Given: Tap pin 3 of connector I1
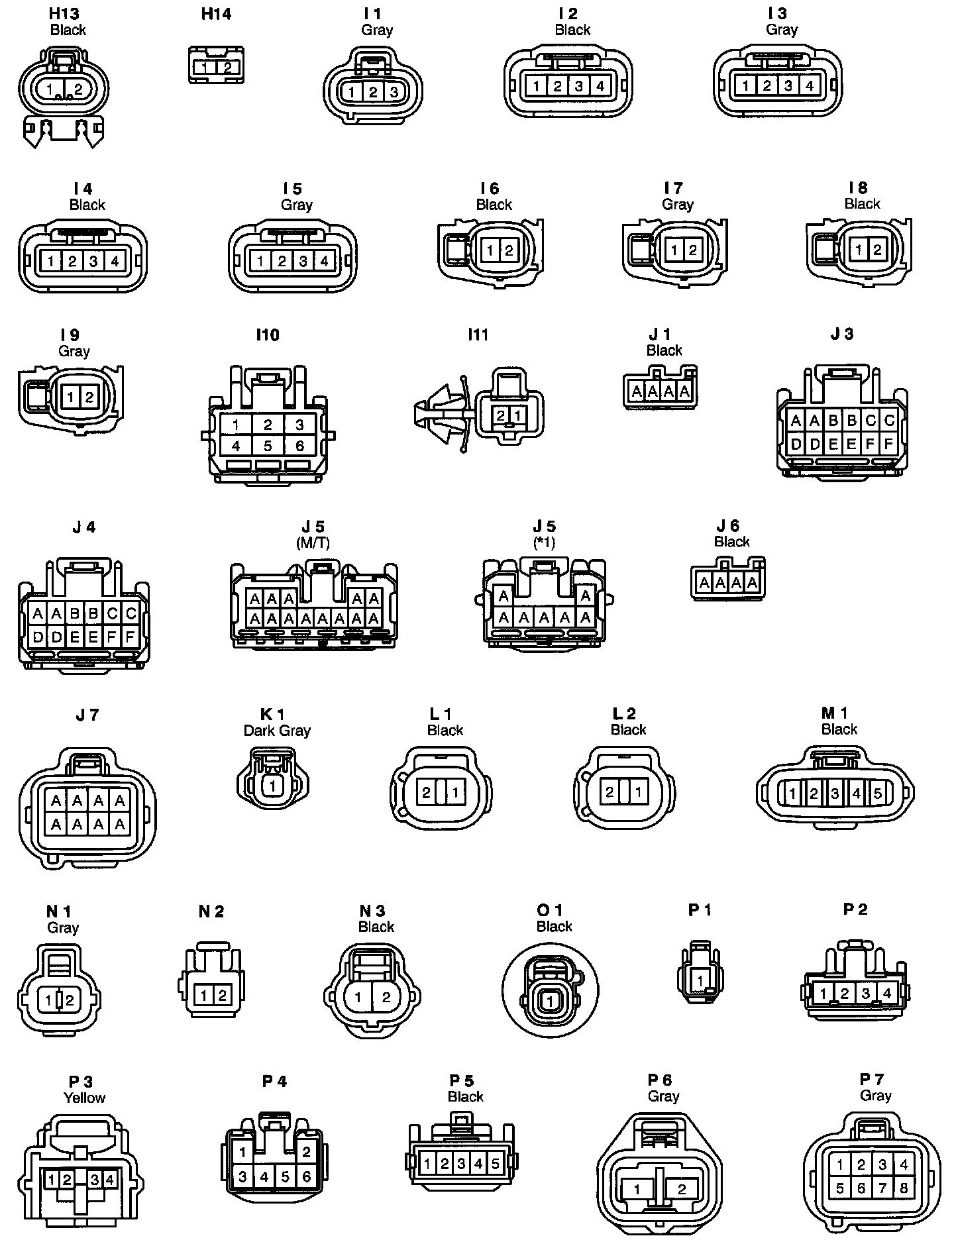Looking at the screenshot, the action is (394, 92).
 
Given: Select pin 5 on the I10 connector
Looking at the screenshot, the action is (268, 446).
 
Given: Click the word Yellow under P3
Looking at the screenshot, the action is (84, 1098).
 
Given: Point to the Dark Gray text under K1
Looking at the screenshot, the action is (277, 731).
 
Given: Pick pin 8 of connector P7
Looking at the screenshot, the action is (904, 1188).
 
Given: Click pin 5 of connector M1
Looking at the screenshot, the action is (877, 793).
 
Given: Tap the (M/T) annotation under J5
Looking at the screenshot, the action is (313, 542).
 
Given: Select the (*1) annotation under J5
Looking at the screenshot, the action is (544, 542).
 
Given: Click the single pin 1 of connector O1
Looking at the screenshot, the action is (549, 1002).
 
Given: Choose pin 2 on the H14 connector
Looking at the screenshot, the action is (227, 68).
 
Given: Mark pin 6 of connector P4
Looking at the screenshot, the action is (306, 1176).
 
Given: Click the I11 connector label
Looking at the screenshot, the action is (478, 335).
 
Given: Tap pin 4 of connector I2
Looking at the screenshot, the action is (600, 85).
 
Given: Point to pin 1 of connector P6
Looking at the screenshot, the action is (637, 1189).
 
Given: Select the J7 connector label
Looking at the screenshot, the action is (87, 715).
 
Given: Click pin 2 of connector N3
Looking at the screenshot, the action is (386, 998).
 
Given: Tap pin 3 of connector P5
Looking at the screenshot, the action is (462, 1163).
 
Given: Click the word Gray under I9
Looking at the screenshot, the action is (74, 351).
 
